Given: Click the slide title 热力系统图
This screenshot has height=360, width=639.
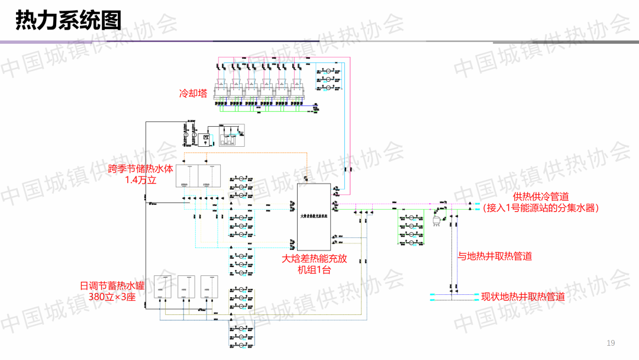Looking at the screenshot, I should tap(68, 20).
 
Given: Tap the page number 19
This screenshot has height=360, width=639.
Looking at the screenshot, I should tap(611, 343).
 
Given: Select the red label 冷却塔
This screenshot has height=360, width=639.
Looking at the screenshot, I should tap(193, 94).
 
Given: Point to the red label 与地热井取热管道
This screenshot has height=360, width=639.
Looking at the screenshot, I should tap(495, 256).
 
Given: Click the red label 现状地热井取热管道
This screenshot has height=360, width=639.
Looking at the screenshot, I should tap(523, 297).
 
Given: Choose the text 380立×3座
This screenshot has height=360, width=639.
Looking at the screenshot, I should tap(113, 297).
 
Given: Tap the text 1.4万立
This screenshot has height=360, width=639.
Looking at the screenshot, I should tap(141, 180).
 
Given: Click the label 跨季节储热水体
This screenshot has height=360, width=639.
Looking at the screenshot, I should tap(141, 169).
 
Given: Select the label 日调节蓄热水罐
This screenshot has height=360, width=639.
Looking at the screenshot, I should tap(113, 285).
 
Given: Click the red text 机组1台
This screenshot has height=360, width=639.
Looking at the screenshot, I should tap(314, 270).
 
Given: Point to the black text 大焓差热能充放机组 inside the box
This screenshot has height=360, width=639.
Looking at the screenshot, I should tap(314, 216).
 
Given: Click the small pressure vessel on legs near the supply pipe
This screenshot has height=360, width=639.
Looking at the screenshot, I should tap(438, 220).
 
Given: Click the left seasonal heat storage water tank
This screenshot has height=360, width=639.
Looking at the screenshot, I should tap(187, 176).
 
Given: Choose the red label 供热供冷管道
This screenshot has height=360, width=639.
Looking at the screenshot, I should tap(541, 197).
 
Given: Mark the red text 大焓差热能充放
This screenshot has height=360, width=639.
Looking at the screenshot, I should tap(314, 259).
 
